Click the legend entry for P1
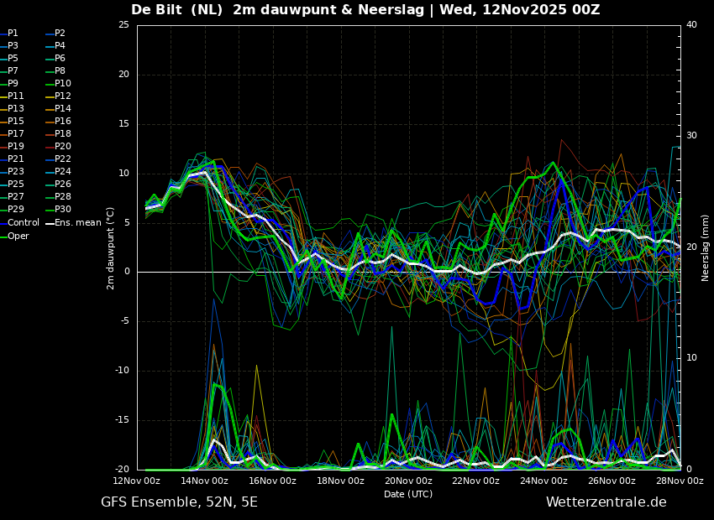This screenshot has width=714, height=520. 13,33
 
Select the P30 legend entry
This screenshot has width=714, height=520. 63,210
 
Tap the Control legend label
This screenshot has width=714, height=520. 24,222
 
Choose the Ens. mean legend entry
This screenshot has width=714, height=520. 77,222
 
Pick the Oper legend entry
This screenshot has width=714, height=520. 18,236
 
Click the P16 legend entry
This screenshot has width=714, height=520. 63,121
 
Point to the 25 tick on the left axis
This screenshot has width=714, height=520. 123,25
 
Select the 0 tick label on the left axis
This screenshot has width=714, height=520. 126,272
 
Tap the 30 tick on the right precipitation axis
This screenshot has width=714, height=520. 692,136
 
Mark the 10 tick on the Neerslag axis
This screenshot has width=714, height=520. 692,358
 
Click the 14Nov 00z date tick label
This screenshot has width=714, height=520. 204,481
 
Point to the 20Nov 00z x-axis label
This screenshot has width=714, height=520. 408,481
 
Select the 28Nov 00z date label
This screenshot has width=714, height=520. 679,481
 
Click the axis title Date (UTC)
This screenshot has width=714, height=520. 408,494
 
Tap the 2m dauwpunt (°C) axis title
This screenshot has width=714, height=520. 110,247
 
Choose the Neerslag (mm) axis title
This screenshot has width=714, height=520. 706,247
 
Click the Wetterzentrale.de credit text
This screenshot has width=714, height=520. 606,502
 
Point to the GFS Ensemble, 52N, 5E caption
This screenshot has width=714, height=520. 179,502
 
